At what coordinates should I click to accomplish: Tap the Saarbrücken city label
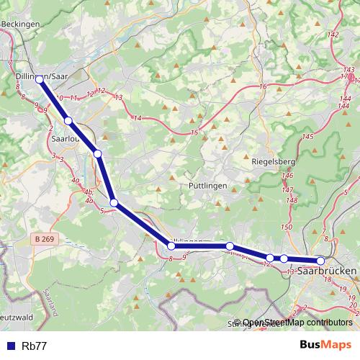(326, 272)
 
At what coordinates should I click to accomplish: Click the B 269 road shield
(45, 238)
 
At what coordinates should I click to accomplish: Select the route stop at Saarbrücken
(320, 261)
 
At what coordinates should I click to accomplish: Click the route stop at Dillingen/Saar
(39, 80)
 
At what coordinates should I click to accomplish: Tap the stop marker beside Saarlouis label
(68, 121)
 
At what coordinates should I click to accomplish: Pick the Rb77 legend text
(35, 346)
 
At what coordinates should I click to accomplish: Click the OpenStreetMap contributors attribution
(297, 323)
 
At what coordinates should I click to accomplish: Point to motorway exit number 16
(264, 86)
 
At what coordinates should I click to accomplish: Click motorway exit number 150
(286, 227)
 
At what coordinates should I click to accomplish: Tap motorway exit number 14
(138, 117)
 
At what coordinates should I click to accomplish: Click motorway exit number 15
(194, 132)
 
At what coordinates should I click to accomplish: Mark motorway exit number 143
(349, 69)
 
